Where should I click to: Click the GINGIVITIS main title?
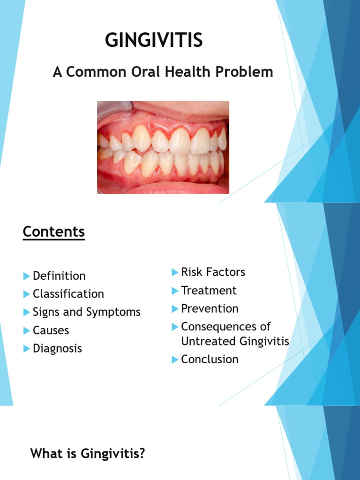154,40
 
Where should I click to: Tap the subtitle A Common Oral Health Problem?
163,72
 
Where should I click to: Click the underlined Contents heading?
54,232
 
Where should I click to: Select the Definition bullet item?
59,276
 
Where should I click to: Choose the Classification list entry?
68,294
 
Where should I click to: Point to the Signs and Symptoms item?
87,312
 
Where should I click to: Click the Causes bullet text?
51,330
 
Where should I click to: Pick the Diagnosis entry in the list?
57,349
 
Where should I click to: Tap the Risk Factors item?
213,272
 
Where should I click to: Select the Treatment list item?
209,291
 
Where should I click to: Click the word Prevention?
210,308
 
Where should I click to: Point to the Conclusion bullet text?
210,360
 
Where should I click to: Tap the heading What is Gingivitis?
88,454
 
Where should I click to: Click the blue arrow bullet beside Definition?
26,276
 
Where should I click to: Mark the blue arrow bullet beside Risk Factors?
175,272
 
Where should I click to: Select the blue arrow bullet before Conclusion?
175,360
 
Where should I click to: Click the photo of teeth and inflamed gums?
163,147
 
